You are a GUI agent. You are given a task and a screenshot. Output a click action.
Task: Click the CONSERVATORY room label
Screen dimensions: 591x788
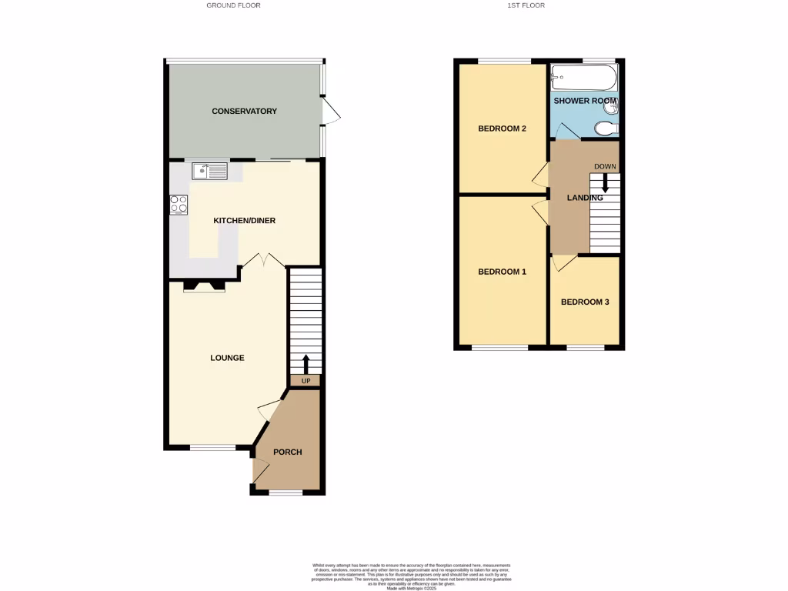(244, 112)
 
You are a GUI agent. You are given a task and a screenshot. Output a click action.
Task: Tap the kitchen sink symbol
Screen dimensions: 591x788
(209, 171)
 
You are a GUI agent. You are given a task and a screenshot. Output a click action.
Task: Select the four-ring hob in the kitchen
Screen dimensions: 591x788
(179, 205)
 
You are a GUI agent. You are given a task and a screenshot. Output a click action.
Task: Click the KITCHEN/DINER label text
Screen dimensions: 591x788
(244, 221)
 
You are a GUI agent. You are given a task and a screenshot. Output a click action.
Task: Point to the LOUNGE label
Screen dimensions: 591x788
(228, 358)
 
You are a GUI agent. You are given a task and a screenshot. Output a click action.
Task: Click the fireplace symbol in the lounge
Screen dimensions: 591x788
(205, 286)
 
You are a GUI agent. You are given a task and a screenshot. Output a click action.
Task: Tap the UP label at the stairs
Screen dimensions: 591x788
(306, 381)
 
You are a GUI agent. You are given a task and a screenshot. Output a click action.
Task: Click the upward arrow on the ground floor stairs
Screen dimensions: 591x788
(306, 362)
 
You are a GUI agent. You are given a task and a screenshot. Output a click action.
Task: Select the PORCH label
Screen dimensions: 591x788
(287, 452)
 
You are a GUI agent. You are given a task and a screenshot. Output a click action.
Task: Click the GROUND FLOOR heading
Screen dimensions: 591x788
(233, 5)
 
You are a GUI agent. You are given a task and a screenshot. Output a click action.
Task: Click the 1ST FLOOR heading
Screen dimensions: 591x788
(526, 5)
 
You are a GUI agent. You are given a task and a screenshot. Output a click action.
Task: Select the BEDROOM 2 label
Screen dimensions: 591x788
(502, 129)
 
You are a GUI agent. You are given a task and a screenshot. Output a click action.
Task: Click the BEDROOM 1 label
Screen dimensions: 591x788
(502, 272)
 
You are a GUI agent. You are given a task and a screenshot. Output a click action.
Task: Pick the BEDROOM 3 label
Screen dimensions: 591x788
(585, 302)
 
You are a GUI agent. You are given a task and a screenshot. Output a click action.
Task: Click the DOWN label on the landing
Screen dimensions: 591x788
(605, 166)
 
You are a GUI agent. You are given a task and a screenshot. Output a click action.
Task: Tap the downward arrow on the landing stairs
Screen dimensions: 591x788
(605, 183)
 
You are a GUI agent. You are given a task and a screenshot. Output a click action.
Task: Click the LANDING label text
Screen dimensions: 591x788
(585, 198)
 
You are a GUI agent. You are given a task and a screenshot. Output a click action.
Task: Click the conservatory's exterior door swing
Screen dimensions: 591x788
(331, 112)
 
